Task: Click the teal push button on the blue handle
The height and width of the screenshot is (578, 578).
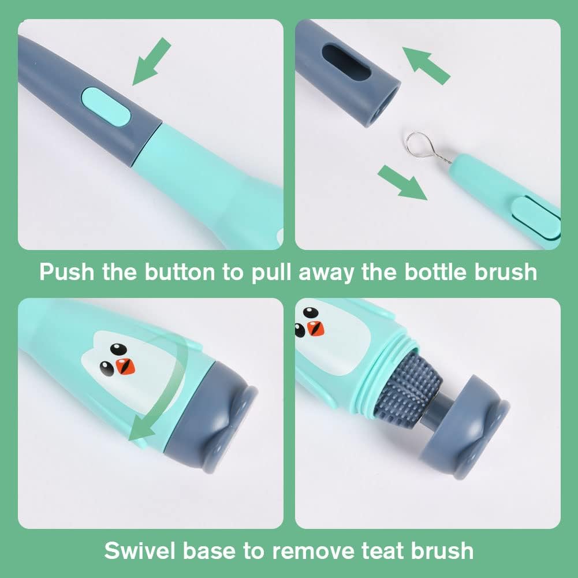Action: click(106, 106)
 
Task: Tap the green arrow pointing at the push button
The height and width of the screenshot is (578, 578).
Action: click(151, 61)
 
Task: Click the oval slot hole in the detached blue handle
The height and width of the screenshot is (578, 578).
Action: click(346, 62)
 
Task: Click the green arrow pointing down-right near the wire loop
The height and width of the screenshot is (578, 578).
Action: click(402, 183)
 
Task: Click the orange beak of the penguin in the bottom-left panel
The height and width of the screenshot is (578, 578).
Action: click(125, 366)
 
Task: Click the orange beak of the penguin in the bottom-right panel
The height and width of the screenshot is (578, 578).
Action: click(315, 329)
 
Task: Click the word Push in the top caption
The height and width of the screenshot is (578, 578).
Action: click(67, 272)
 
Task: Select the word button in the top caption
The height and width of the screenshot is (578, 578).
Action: click(180, 272)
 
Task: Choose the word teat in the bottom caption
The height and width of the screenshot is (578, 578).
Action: click(382, 551)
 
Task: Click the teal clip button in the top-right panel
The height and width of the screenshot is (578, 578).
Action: click(536, 218)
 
